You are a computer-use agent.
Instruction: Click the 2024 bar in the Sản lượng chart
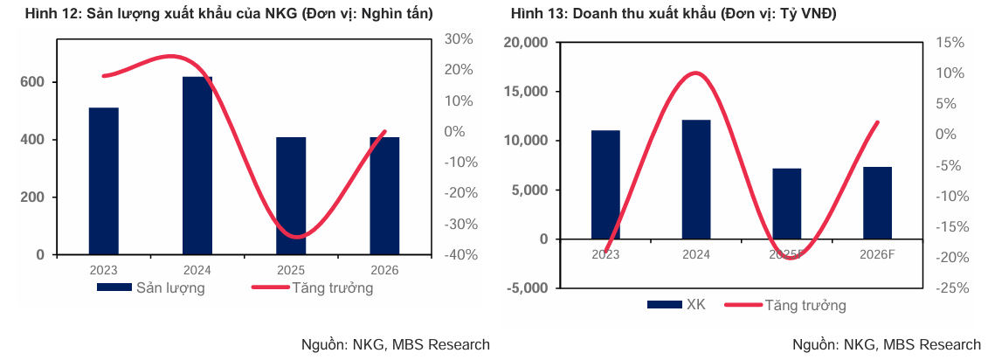(197, 166)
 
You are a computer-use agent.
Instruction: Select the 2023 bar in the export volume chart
(103, 181)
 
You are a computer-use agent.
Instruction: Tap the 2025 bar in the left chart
(291, 196)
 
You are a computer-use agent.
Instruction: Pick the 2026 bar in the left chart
(384, 196)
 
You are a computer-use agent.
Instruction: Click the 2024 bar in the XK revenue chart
(696, 179)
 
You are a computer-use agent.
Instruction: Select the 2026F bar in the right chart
(877, 203)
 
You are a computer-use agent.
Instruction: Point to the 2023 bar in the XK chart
(605, 184)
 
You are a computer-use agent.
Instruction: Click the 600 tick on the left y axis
(32, 82)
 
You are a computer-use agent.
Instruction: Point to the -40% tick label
(459, 255)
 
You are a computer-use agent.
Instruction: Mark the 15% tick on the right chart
(949, 43)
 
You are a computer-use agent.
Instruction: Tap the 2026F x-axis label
(877, 254)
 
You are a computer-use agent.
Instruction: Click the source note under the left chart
(395, 344)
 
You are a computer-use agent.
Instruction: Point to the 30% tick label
(458, 39)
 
